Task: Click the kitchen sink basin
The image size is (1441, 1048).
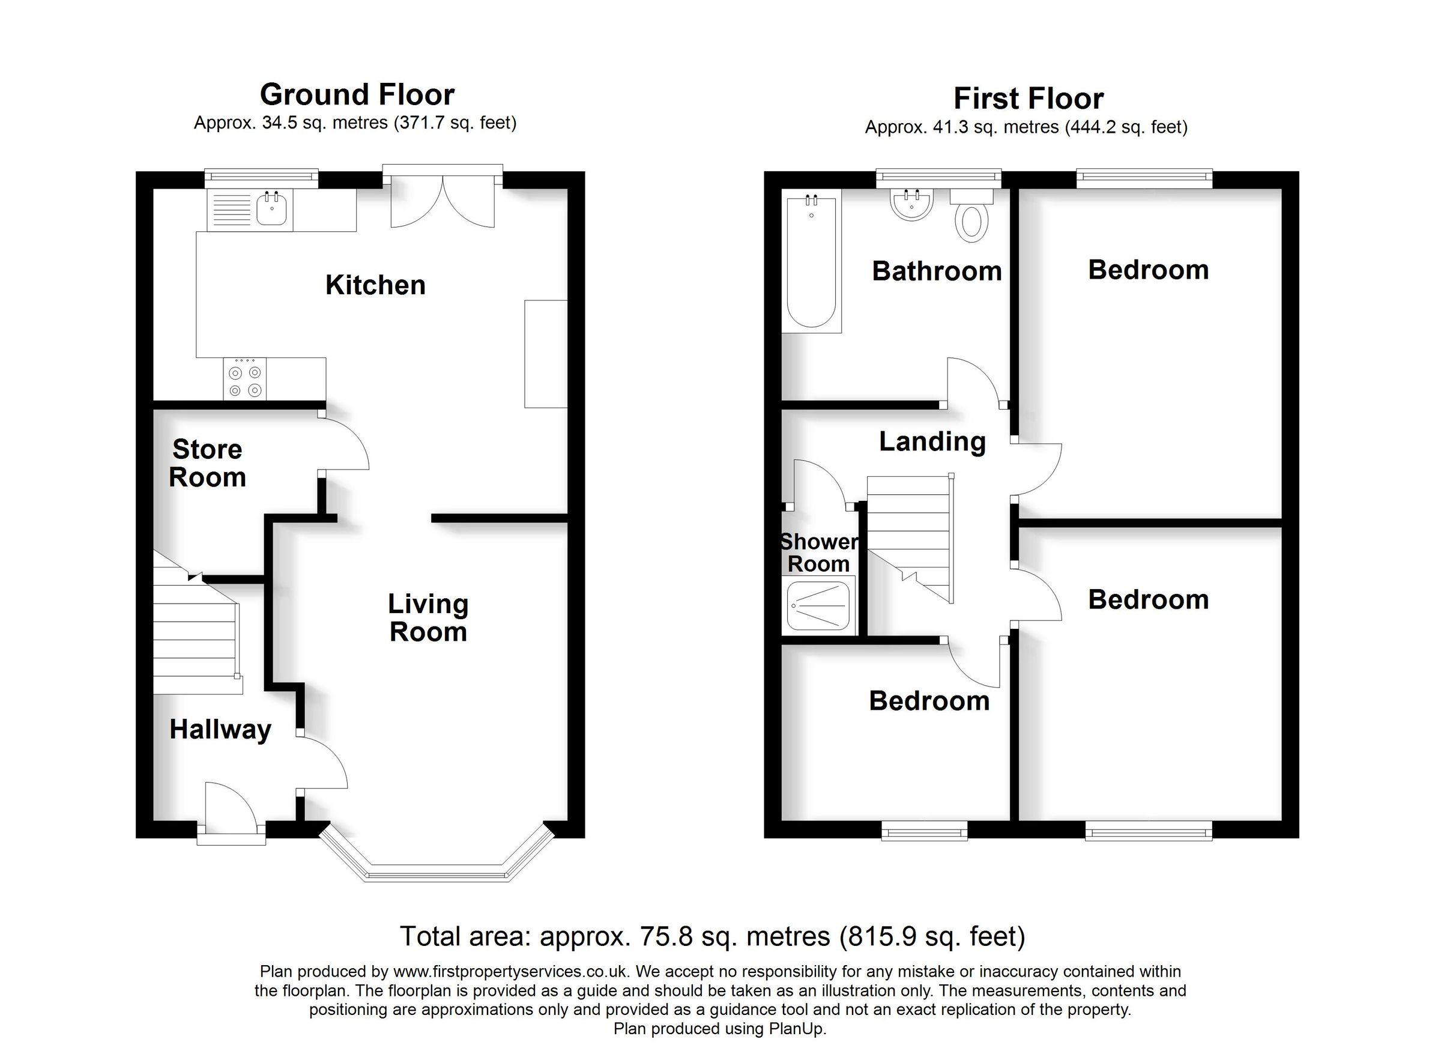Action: tap(272, 209)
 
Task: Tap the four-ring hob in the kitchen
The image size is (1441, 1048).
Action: tap(245, 380)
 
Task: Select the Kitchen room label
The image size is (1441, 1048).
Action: tap(375, 285)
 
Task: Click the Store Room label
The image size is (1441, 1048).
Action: tap(207, 463)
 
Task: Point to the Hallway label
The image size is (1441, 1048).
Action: tap(220, 730)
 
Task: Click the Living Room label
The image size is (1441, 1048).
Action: tap(427, 618)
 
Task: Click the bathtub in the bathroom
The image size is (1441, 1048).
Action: tap(811, 262)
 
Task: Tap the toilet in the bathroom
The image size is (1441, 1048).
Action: tap(971, 219)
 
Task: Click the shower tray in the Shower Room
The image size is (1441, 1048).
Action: tap(818, 605)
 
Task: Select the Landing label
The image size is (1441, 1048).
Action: tap(932, 441)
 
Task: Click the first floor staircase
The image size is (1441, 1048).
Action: tap(909, 537)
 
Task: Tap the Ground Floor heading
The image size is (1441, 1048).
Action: tap(357, 95)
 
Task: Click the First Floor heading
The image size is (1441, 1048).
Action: tap(1028, 99)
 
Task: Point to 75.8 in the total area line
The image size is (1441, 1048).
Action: tap(666, 937)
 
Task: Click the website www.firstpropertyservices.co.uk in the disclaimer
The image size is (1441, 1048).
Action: tap(511, 972)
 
